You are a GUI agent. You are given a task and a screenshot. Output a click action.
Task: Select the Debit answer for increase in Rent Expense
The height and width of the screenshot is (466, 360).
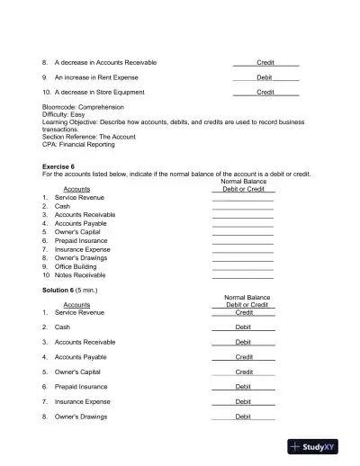(x=265, y=77)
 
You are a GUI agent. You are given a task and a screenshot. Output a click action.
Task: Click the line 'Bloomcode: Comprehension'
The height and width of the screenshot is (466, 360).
(x=83, y=107)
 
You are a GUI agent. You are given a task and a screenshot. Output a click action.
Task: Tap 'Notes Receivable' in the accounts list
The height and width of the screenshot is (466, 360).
(x=80, y=275)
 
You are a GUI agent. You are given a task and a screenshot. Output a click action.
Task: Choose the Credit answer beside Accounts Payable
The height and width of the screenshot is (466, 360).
(x=243, y=357)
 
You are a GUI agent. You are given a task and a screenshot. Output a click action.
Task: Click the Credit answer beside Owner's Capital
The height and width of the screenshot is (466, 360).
(x=243, y=372)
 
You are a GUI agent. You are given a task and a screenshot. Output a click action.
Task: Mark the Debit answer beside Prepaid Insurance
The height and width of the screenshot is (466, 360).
(x=243, y=387)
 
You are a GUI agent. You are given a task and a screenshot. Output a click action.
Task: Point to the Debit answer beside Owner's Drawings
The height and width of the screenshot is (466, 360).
(x=243, y=417)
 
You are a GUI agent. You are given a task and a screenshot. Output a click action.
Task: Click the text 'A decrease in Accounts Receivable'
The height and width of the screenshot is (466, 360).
(x=105, y=62)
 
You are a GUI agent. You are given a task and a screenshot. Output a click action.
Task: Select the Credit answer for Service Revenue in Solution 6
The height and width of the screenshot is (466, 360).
(x=243, y=312)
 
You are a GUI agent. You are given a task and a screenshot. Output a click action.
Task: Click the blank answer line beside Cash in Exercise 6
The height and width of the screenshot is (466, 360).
(x=242, y=207)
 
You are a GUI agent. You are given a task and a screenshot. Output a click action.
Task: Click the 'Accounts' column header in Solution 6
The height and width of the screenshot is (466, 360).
(x=76, y=305)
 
